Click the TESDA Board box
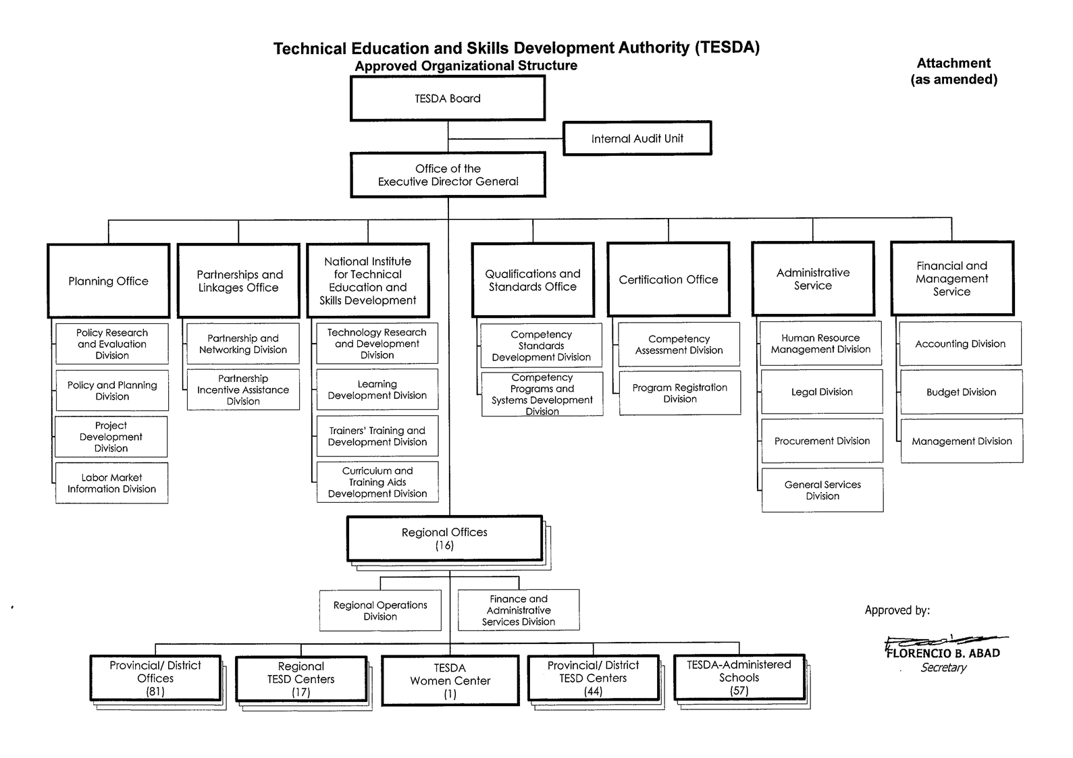448,99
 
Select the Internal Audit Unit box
637,138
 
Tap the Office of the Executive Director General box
448,175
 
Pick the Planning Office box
108,281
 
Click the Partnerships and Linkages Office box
238,281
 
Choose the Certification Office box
669,279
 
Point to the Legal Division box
822,391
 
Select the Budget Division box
961,392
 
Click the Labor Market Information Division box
111,483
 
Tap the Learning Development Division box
377,389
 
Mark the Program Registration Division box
679,393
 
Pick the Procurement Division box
822,441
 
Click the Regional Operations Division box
380,610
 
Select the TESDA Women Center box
450,680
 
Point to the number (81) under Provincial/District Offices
155,691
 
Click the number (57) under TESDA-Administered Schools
739,691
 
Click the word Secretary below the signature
943,668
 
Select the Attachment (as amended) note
953,71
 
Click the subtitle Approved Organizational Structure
466,65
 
